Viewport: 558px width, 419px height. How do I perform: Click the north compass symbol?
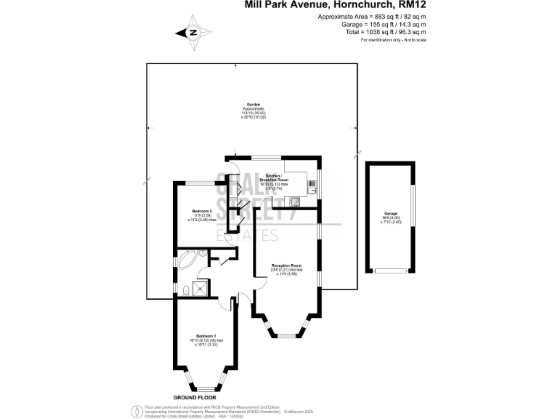[x=193, y=32]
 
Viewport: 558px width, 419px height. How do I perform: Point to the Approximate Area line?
[x=372, y=17]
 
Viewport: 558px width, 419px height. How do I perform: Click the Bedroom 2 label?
[x=201, y=211]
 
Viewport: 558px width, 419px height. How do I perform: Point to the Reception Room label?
[x=286, y=266]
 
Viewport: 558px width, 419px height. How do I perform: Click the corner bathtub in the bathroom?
[x=187, y=259]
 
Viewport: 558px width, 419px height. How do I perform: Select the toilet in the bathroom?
[x=186, y=290]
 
